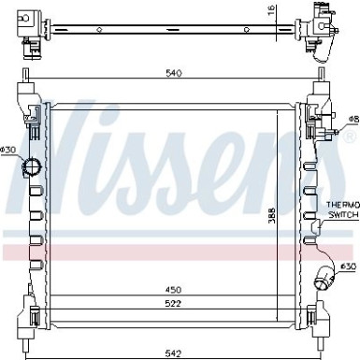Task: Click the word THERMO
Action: pos(341,204)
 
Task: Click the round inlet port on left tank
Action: pos(33,168)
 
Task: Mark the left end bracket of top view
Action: pos(22,29)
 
